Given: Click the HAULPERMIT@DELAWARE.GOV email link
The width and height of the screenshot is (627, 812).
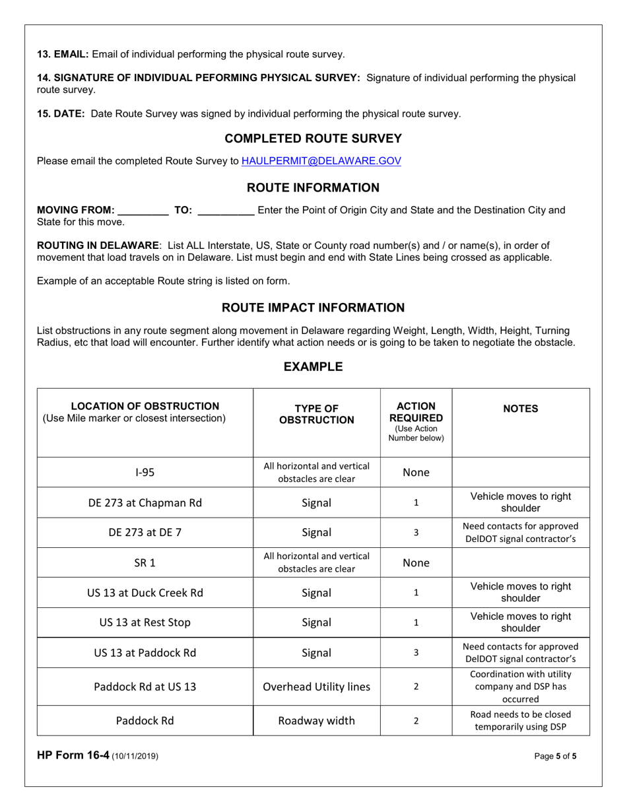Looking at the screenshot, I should coord(321,160).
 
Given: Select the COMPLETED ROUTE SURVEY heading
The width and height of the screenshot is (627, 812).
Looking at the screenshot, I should coord(313,138).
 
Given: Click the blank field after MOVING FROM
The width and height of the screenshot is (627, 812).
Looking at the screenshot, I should coord(142,211).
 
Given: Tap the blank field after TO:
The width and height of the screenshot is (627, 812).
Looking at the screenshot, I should coord(226,211).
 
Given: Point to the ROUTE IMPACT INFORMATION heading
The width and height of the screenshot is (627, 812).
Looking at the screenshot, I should coord(313,308).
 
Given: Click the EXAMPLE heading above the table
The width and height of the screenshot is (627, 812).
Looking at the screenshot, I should coord(313,366).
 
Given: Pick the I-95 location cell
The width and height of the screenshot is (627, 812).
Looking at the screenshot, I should coord(145,473).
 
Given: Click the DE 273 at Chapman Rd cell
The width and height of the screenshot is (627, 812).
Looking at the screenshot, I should coord(145,503).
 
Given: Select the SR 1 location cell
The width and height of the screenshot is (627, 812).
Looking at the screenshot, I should coord(145,563).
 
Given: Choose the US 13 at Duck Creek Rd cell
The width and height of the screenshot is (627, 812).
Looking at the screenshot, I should coord(145,593).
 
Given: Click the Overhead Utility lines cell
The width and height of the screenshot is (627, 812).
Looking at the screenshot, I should coord(316,686).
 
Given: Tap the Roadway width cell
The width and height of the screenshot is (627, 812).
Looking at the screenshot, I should coord(316,720).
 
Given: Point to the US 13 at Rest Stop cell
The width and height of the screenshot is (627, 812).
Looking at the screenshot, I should coord(145,623).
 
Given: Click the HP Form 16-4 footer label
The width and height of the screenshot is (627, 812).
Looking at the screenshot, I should coord(98,757).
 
